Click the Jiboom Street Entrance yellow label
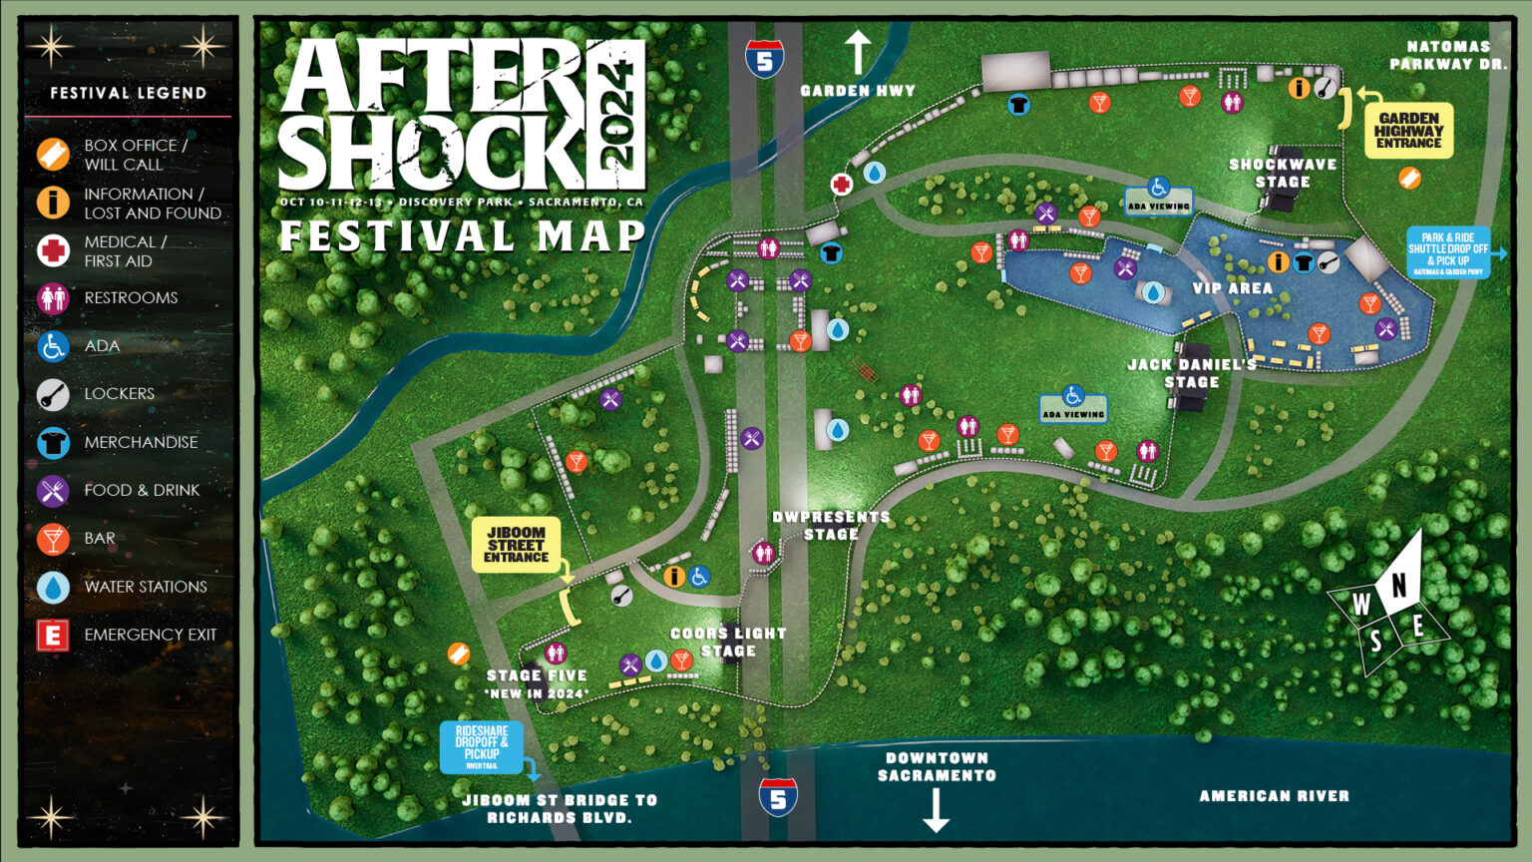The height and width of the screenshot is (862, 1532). point(516,545)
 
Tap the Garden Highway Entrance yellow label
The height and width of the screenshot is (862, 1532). point(1408,131)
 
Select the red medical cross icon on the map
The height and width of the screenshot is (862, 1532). point(842,185)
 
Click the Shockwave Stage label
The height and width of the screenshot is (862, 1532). point(1283,173)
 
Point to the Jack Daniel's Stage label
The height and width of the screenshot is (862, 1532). point(1192,373)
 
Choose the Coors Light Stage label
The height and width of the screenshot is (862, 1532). point(728,642)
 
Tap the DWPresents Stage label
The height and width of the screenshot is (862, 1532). point(831,525)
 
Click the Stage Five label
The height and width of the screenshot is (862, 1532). point(537,683)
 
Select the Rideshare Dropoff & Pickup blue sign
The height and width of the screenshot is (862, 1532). point(482,747)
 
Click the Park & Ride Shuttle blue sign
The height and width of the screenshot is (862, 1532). point(1448,252)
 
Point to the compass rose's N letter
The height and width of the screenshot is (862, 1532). point(1399,586)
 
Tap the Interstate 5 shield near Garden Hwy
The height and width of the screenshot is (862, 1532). point(764,60)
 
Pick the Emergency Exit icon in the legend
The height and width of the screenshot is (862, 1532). point(53,635)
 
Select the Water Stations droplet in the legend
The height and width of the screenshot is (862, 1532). point(53,587)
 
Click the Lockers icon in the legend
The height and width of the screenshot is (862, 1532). point(53,394)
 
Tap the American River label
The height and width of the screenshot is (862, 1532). point(1274,796)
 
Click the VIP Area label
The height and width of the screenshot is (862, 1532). point(1232,288)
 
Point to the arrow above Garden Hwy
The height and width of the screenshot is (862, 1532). point(858,52)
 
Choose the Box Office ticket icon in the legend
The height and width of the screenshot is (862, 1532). point(53,155)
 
